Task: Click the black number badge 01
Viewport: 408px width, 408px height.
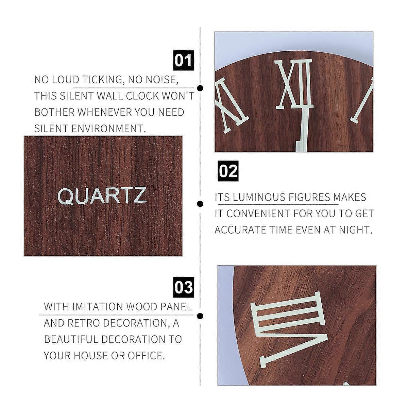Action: (x=183, y=60)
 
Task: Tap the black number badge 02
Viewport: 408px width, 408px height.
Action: (x=228, y=171)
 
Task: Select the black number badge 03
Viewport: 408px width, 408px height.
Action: (x=183, y=287)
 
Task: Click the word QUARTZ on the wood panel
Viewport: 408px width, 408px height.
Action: (x=102, y=195)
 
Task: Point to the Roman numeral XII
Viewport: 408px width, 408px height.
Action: (x=295, y=84)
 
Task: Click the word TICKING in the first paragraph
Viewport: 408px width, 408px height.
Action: (x=102, y=80)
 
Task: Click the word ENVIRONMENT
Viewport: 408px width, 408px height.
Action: (x=108, y=129)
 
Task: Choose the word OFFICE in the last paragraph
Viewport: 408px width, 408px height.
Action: (x=146, y=356)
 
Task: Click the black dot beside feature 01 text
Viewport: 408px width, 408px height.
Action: (x=200, y=88)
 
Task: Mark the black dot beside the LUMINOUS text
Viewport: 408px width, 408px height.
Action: (x=200, y=204)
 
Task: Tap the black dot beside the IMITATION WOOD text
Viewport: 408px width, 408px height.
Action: (x=200, y=316)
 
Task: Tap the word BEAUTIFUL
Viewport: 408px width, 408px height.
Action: (x=71, y=339)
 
